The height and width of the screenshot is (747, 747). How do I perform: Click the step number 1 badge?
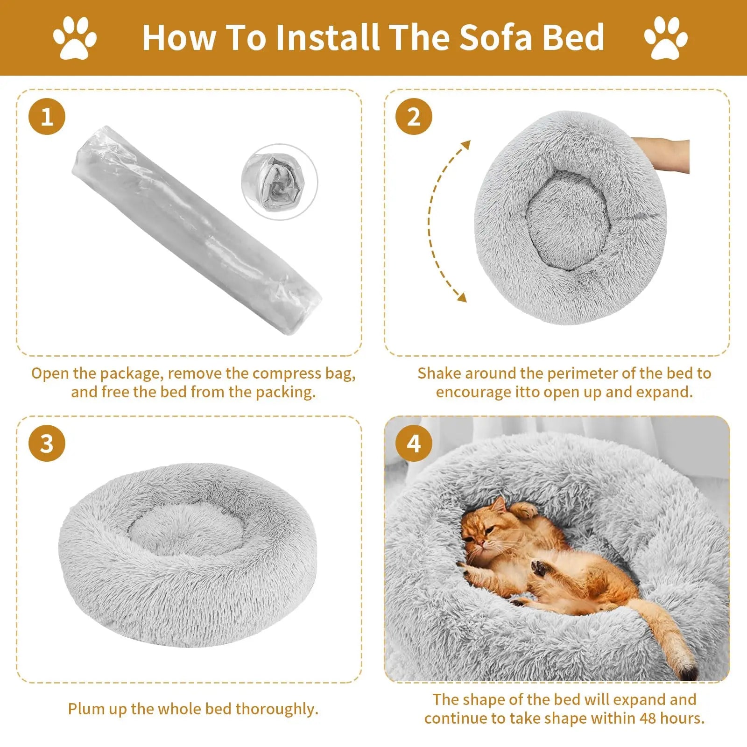pos(47,116)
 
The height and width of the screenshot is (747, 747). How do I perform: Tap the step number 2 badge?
pos(414,116)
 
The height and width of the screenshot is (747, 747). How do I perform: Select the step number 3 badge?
pos(47,443)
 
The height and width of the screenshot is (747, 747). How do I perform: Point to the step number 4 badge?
pos(414,443)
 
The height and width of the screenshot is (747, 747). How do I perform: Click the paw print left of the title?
pos(75,38)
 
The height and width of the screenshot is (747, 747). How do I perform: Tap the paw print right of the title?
pos(666,38)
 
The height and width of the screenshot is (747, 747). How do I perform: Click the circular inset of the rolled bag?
pos(279,182)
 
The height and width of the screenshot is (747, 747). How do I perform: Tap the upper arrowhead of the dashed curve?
pos(465,145)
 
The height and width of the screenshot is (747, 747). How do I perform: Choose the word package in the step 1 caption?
pos(131,374)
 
